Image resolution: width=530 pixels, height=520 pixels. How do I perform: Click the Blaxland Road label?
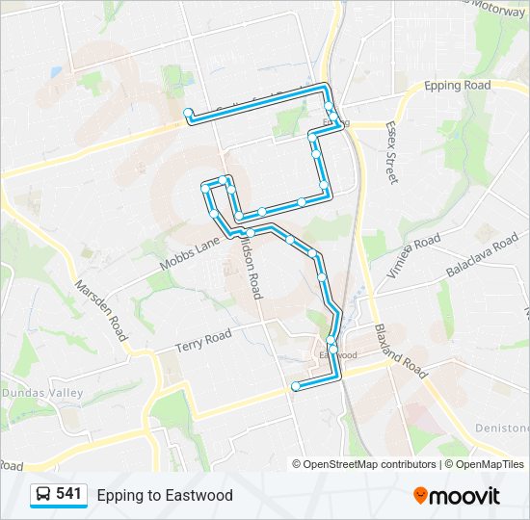tap(400, 351)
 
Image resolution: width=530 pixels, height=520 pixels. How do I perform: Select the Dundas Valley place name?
tap(42, 393)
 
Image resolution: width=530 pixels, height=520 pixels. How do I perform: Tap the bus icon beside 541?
tap(43, 494)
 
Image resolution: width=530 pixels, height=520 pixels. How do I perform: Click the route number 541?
tap(68, 494)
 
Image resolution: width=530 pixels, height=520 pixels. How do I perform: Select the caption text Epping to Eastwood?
tap(165, 495)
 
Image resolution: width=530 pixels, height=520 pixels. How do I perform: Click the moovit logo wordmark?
tap(466, 496)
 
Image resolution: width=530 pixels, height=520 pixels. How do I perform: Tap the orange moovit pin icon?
tap(421, 496)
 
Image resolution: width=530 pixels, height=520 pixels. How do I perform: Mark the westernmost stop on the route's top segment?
tap(188, 113)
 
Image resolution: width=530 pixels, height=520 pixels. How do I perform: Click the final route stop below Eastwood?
tap(295, 387)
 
